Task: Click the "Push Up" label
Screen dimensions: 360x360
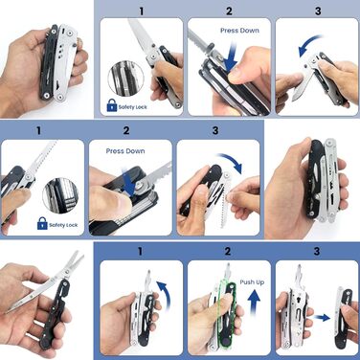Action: coord(252,282)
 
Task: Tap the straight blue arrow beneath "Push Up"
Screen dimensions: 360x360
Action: coord(254,303)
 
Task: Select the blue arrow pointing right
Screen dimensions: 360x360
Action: coord(322,318)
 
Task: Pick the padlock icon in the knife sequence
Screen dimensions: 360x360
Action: coord(112,105)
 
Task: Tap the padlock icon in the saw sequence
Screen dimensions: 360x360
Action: coord(42,223)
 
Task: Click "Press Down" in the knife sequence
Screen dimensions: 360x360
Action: coord(239,31)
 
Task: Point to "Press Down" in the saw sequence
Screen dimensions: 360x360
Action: coord(125,151)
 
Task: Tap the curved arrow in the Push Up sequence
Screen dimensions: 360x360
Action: coord(167,294)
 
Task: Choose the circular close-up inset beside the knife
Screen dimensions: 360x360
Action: coord(125,78)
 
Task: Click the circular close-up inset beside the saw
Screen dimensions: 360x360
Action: coord(60,196)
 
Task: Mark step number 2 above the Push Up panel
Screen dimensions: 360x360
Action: coord(228,251)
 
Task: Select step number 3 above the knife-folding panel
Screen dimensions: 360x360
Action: coord(318,11)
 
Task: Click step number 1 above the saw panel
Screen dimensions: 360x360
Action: coord(38,130)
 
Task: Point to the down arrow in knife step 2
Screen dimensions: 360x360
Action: coord(231,56)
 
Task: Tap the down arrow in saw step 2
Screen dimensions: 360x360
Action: coord(129,182)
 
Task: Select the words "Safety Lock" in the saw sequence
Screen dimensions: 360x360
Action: coord(63,225)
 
